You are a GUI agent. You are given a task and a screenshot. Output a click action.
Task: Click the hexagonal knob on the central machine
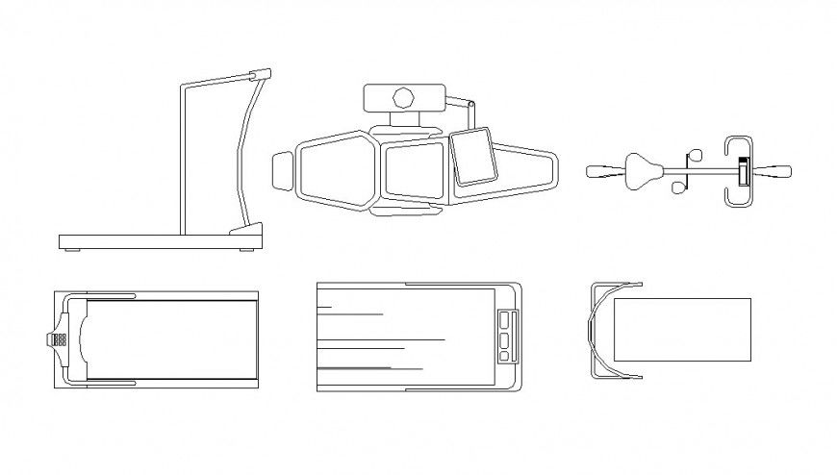[404, 97]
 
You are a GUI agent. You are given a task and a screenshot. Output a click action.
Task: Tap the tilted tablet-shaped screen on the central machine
[473, 157]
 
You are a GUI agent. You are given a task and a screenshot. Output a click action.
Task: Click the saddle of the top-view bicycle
[644, 170]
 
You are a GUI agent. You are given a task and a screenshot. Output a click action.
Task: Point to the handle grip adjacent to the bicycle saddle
[604, 171]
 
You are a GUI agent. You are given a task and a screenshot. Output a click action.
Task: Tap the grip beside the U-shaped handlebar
[774, 172]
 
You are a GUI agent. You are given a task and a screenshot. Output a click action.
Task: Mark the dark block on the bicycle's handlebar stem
[742, 171]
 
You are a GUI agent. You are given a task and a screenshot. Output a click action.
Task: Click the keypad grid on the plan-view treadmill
[58, 338]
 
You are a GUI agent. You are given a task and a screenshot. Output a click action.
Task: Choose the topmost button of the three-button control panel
[506, 318]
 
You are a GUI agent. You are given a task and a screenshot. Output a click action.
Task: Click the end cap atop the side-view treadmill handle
[259, 73]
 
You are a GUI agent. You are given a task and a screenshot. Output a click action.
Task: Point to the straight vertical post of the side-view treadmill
[183, 159]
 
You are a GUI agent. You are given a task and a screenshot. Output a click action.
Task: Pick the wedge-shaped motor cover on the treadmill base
[246, 228]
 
